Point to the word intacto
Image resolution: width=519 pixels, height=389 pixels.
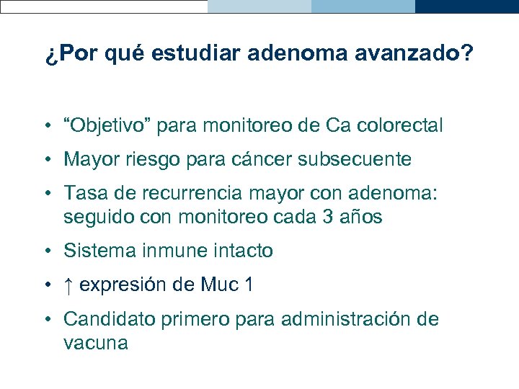(x=243, y=251)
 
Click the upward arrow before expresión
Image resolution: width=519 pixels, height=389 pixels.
(x=68, y=285)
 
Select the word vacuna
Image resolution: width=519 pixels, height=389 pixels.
(x=96, y=343)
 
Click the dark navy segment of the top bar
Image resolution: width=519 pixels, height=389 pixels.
(x=467, y=6)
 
